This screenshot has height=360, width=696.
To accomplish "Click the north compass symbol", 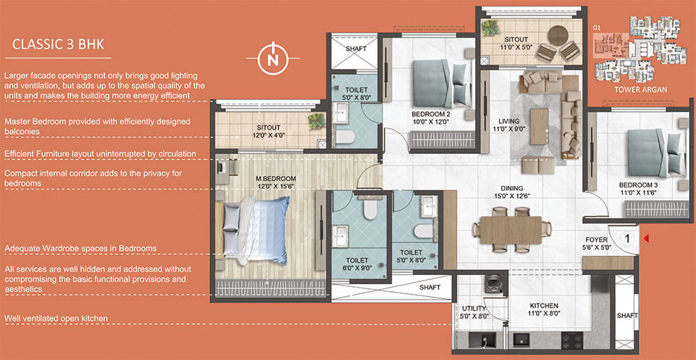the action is click(x=274, y=59).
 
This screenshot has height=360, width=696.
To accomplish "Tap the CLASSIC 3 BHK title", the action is click(x=58, y=45).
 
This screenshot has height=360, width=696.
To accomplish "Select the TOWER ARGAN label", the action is click(x=640, y=90).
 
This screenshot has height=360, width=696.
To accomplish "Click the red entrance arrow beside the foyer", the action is click(x=647, y=239).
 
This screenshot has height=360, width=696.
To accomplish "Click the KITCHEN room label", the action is click(x=544, y=306).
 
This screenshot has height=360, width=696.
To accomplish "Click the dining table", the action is click(x=511, y=230).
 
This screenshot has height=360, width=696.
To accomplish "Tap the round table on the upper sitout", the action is click(x=558, y=36).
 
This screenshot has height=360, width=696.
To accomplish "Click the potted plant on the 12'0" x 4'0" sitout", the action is click(x=317, y=120).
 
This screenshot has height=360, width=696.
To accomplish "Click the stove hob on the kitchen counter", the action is click(x=572, y=340).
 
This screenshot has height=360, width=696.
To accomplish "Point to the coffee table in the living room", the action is click(x=539, y=127).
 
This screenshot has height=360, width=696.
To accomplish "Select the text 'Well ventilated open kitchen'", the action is click(x=56, y=318).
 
